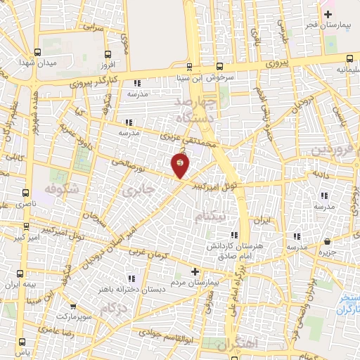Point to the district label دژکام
114,308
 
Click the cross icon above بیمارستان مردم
195,271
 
